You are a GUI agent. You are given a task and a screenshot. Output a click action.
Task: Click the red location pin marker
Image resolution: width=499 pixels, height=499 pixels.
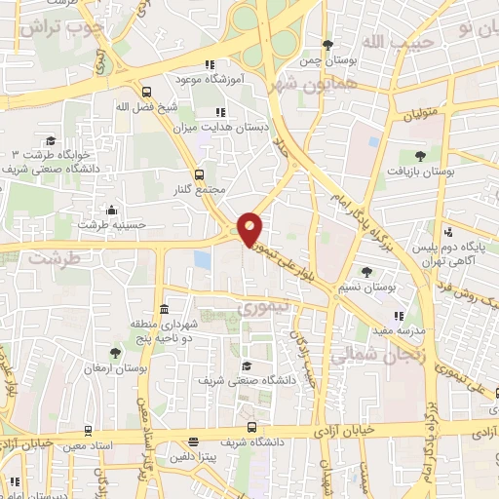pos(250,228)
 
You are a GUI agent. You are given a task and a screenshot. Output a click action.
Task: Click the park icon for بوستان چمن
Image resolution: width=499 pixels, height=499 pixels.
pos(327,45)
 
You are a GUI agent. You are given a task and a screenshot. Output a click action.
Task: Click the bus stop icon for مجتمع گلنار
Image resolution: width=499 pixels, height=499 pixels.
pos(200,173)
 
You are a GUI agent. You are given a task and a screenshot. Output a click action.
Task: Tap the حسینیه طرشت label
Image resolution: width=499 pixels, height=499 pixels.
pos(112,223)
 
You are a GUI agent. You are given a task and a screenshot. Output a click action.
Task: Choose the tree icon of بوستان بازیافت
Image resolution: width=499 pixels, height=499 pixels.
pos(420,155)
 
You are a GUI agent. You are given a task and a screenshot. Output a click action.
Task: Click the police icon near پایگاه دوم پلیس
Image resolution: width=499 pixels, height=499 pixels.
pos(448,232)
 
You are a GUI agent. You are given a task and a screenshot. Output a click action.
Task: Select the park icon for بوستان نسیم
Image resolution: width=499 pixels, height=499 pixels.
pos(366,271)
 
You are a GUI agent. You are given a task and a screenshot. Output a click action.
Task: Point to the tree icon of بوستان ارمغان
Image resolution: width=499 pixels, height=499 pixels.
pos(116,353)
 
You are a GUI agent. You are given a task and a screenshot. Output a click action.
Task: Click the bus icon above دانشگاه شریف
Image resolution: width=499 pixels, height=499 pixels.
pos(251,427)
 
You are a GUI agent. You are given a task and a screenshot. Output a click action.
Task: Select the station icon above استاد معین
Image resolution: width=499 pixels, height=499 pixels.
pos(88,429)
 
